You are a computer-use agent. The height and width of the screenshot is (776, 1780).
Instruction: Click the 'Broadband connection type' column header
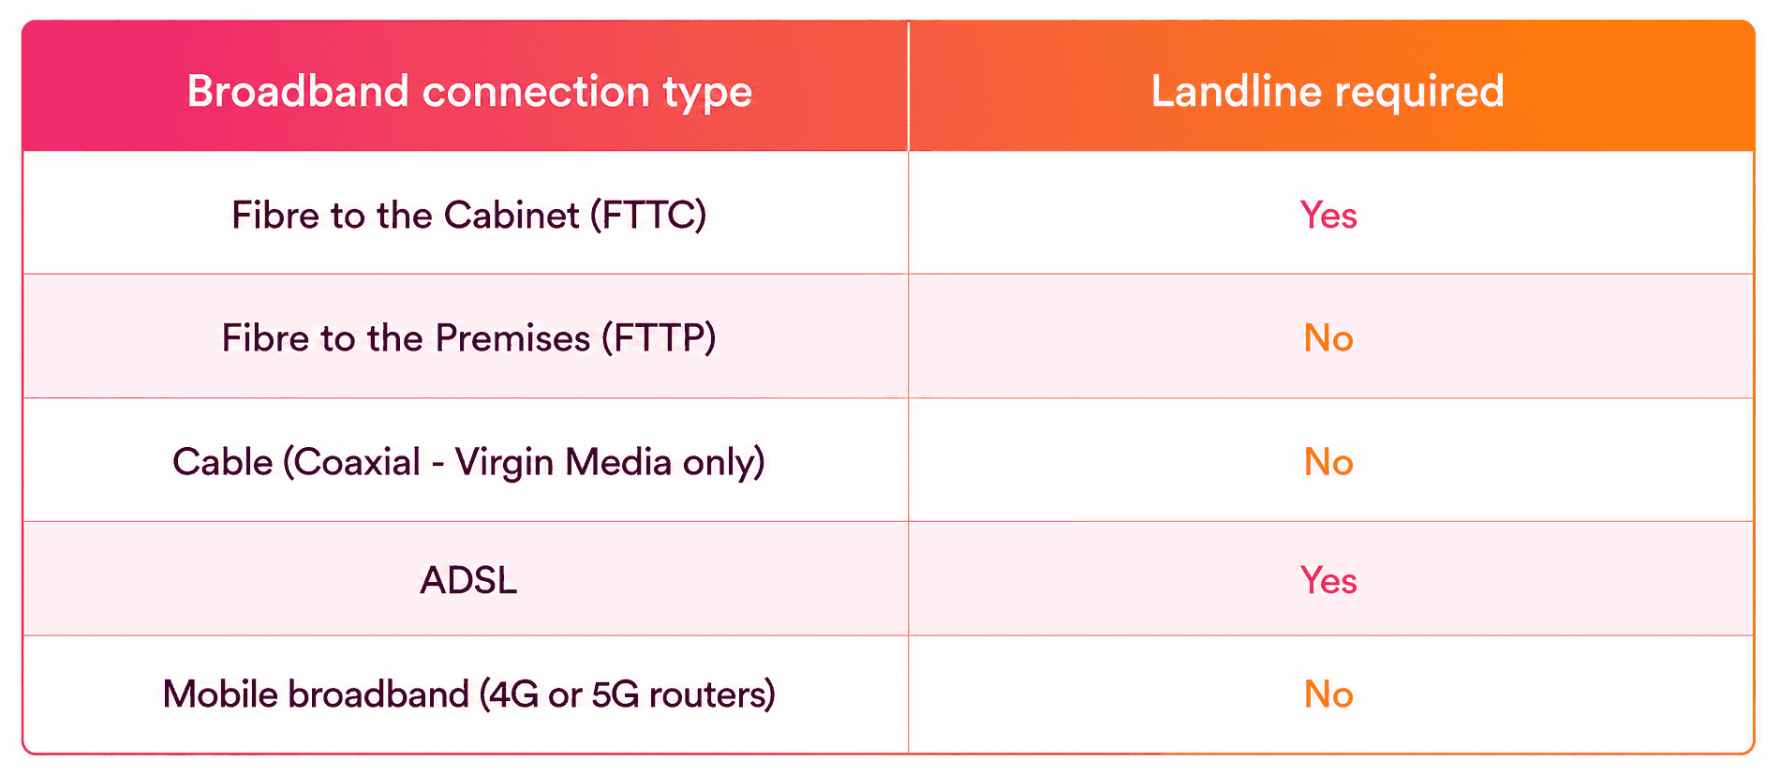(469, 92)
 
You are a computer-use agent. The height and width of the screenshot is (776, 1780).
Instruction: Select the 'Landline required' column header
(1328, 92)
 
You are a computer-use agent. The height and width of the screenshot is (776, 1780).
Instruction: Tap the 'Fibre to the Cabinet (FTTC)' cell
(469, 216)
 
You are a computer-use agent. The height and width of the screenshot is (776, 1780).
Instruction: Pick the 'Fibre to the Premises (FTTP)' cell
(469, 338)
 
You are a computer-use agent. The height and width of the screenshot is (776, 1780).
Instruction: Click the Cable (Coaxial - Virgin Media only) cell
(469, 462)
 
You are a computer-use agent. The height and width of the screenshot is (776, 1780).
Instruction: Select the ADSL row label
(468, 580)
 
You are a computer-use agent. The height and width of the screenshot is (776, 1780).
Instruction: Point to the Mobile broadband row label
(469, 694)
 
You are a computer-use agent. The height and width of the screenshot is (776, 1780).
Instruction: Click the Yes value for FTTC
(1328, 216)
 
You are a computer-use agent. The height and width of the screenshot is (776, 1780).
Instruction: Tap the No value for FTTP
(1328, 338)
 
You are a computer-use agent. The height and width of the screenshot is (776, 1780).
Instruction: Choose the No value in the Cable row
(1328, 462)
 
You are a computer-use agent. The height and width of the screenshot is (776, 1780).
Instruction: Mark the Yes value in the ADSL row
(1328, 580)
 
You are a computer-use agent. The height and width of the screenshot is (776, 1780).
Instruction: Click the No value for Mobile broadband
(1328, 694)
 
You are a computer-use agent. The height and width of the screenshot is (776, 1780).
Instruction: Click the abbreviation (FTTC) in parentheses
(648, 216)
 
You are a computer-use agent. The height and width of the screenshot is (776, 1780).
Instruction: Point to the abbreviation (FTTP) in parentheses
(659, 338)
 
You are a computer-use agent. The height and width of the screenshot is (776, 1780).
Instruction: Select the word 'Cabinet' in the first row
(512, 216)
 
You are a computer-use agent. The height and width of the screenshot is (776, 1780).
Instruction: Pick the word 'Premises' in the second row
(512, 338)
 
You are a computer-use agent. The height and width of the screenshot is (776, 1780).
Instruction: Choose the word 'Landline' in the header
(1236, 91)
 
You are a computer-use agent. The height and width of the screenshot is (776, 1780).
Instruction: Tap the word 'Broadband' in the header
(298, 91)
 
